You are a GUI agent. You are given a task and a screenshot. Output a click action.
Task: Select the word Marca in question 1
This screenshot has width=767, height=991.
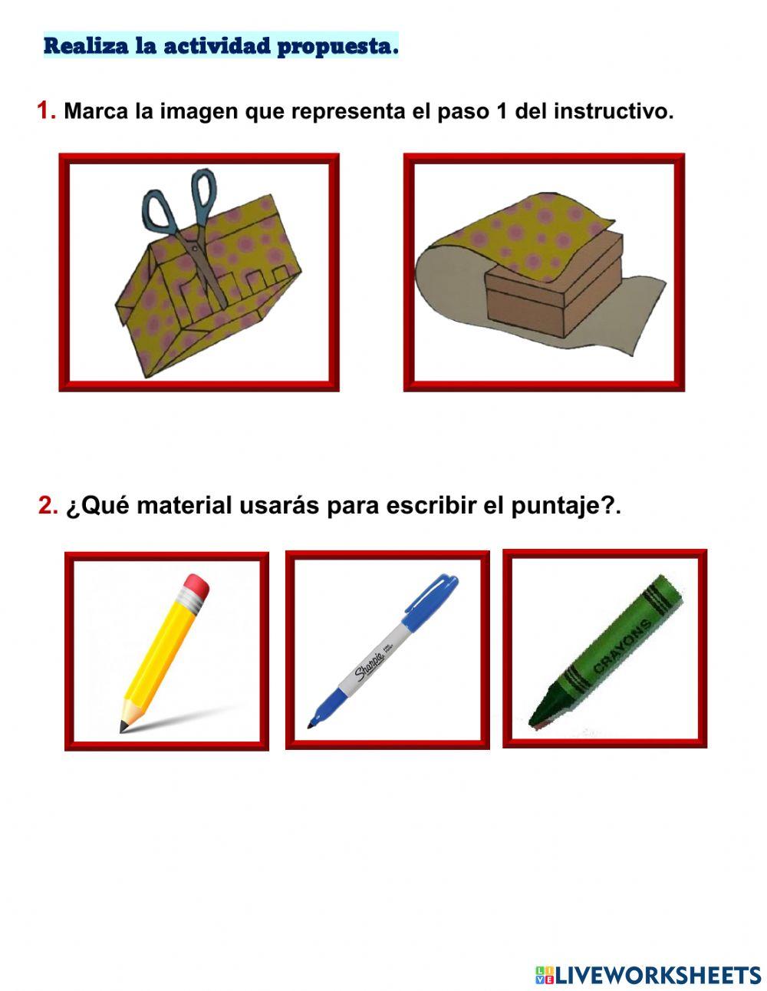coord(96,111)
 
